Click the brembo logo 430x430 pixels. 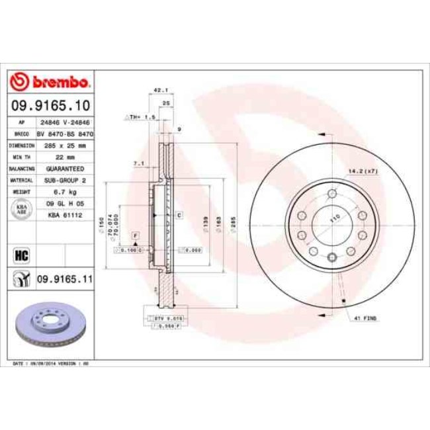(x=50, y=82)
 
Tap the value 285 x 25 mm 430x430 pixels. (x=63, y=144)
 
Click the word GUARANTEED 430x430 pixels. (x=63, y=168)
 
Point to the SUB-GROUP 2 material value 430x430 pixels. (x=63, y=179)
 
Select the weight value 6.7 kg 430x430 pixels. (x=63, y=191)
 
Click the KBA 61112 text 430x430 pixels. (x=63, y=215)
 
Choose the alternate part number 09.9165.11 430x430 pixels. (x=64, y=280)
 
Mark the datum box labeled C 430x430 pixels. (x=178, y=216)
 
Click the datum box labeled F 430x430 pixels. (x=134, y=236)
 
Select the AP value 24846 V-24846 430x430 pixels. (x=63, y=122)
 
